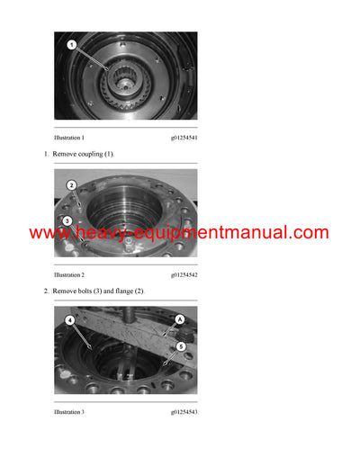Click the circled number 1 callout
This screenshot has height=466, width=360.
click(x=73, y=43)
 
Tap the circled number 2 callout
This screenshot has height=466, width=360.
click(x=71, y=185)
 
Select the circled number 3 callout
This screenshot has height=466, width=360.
click(x=67, y=220)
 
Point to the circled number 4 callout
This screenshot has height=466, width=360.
click(x=69, y=318)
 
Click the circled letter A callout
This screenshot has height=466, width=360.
click(x=179, y=318)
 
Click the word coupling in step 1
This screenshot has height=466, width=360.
click(x=89, y=155)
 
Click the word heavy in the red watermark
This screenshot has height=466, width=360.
click(x=100, y=233)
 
